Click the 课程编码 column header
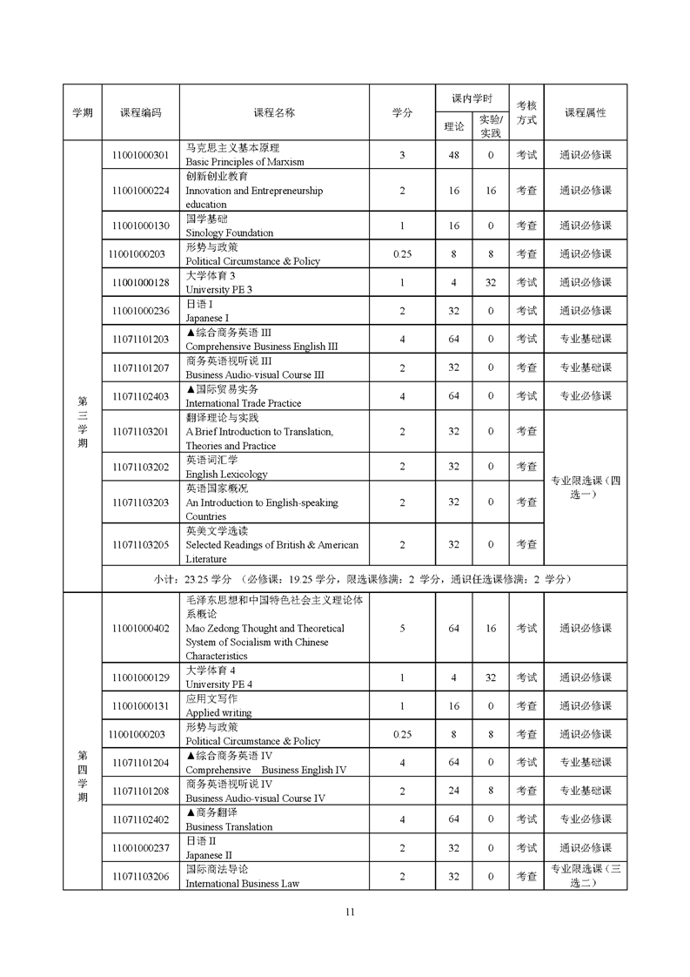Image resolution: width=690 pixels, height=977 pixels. click(140, 112)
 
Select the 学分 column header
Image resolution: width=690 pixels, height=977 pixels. click(402, 112)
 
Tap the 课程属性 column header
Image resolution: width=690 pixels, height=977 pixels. click(585, 112)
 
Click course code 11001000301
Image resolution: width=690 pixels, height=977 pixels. click(140, 155)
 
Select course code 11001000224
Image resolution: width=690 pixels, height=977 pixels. click(140, 191)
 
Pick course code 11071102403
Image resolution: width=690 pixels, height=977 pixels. click(140, 396)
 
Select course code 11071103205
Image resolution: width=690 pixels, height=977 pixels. click(140, 545)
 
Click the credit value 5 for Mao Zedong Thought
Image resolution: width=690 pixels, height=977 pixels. click(402, 629)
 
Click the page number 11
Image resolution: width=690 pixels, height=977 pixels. click(350, 913)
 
